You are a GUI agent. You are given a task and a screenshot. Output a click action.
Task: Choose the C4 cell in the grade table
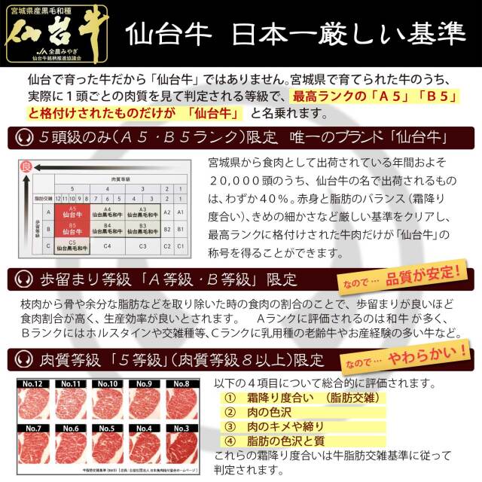(x=107, y=246)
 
